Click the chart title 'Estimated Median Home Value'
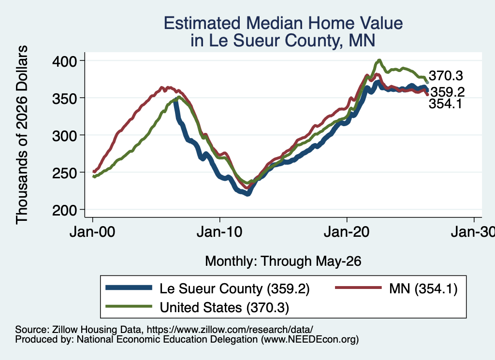click(x=283, y=23)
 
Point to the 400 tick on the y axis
click(x=64, y=61)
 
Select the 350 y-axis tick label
click(x=64, y=98)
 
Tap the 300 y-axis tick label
click(x=64, y=135)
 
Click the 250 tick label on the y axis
click(x=64, y=173)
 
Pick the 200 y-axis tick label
click(x=64, y=210)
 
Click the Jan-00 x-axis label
click(x=92, y=232)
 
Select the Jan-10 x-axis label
click(x=219, y=232)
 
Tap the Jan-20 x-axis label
click(x=347, y=232)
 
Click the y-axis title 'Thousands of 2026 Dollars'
click(x=22, y=135)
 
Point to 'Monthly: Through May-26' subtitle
click(x=283, y=261)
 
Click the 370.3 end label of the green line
click(x=446, y=76)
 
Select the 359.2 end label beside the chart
click(x=448, y=92)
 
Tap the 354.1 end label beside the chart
click(x=445, y=103)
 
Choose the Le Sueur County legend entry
click(x=207, y=288)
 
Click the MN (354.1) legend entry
click(x=396, y=288)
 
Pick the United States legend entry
click(x=197, y=307)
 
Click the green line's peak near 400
click(x=379, y=60)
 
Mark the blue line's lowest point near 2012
click(x=248, y=194)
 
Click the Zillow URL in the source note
click(x=230, y=330)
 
